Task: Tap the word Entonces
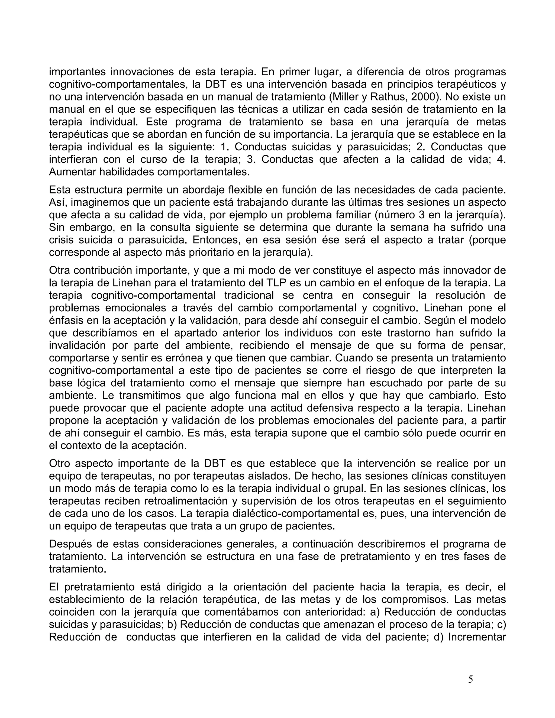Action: click(216, 240)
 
